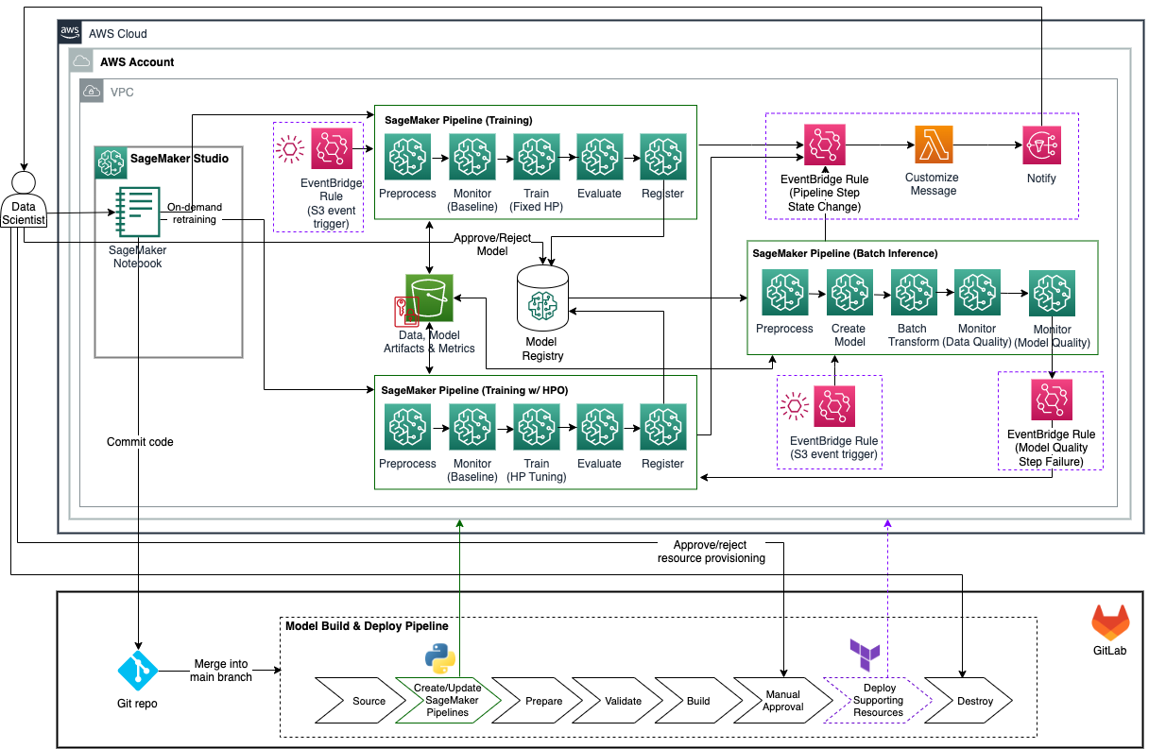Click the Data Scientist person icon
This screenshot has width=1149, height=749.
24,199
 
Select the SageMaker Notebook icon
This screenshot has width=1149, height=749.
137,212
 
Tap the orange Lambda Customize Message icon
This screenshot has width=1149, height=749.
934,145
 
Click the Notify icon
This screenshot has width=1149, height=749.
1042,145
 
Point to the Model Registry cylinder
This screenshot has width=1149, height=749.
542,298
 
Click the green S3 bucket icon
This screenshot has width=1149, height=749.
429,298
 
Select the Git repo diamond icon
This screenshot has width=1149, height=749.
137,671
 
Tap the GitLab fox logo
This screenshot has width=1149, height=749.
1110,622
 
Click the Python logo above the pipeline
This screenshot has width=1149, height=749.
440,658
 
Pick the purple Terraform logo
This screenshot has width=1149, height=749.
865,655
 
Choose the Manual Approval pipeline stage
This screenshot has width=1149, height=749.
782,700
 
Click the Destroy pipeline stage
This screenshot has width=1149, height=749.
969,700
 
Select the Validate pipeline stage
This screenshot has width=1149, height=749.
617,700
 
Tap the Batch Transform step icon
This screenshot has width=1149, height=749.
914,292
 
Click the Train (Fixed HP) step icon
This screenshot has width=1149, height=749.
537,157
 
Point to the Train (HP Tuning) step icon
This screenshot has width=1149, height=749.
537,427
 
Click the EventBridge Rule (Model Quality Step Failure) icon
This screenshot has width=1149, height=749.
1052,400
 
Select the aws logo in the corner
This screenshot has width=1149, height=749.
70,32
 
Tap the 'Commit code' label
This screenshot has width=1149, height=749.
140,442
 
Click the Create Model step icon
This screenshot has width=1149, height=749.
849,292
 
